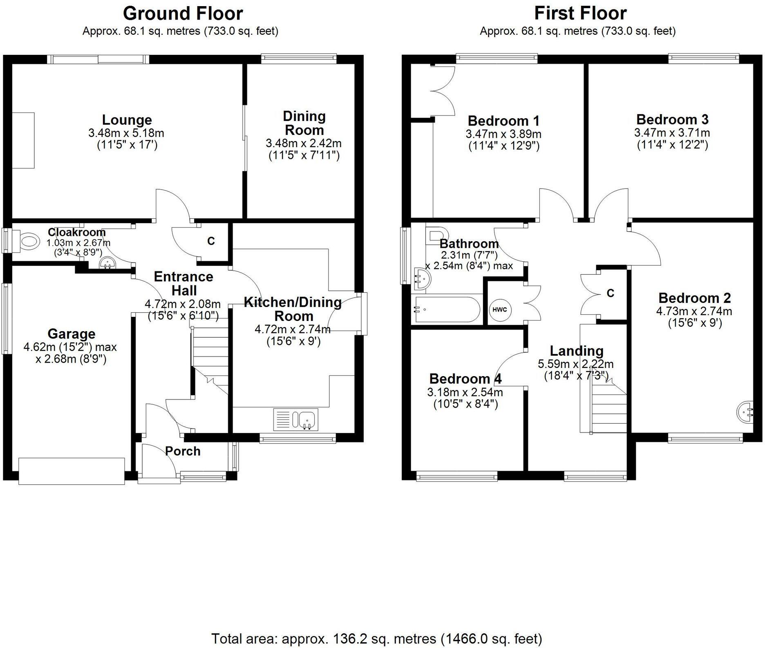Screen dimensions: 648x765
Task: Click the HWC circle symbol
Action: [x=499, y=309]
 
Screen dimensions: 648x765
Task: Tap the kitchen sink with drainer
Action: [x=295, y=419]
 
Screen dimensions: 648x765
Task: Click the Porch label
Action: [x=183, y=451]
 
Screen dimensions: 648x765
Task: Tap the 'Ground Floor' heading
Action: [x=183, y=13]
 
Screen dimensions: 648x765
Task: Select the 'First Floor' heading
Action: [x=580, y=13]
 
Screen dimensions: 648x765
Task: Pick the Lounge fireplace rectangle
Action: [x=23, y=140]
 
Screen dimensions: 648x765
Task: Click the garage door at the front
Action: [x=72, y=471]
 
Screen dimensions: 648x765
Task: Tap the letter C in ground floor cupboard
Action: [x=211, y=241]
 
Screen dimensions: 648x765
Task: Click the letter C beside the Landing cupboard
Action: [x=610, y=293]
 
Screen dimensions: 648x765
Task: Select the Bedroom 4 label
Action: [x=465, y=379]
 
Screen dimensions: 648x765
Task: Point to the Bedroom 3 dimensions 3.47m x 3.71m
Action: [x=672, y=133]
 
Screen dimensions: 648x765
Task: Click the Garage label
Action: [x=72, y=334]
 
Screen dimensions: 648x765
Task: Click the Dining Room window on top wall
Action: [x=299, y=59]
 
